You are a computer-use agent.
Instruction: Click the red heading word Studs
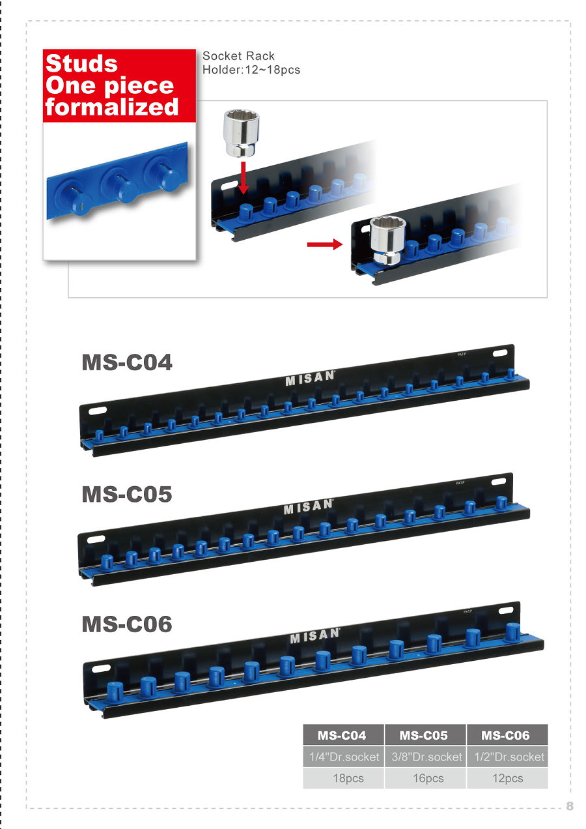pos(81,63)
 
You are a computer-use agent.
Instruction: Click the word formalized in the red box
pos(111,107)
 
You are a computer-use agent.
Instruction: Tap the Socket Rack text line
pos(238,56)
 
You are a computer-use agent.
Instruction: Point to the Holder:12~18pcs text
pos(251,70)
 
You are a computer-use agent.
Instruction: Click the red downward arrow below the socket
pos(243,178)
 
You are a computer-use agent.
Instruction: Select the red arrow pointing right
pos(325,244)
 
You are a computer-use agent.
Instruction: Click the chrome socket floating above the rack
pos(242,133)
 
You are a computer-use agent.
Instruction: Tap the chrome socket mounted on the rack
pos(387,240)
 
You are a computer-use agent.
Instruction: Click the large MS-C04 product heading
pos(127,362)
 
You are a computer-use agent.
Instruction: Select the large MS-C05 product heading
pos(127,494)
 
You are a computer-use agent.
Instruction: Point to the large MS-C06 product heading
pos(127,624)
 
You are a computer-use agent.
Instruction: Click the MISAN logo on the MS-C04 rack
pos(310,378)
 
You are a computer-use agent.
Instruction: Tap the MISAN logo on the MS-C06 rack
pos(314,636)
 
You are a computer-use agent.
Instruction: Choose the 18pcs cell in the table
pos(348,778)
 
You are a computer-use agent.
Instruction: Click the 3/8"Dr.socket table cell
pos(426,757)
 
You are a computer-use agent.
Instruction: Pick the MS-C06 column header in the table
pos(505,735)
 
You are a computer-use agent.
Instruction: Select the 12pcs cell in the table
pos(508,778)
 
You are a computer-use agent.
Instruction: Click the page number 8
pos(570,806)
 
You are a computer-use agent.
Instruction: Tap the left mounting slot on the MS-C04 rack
pos(98,411)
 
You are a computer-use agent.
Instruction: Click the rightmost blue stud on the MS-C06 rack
pos(512,632)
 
